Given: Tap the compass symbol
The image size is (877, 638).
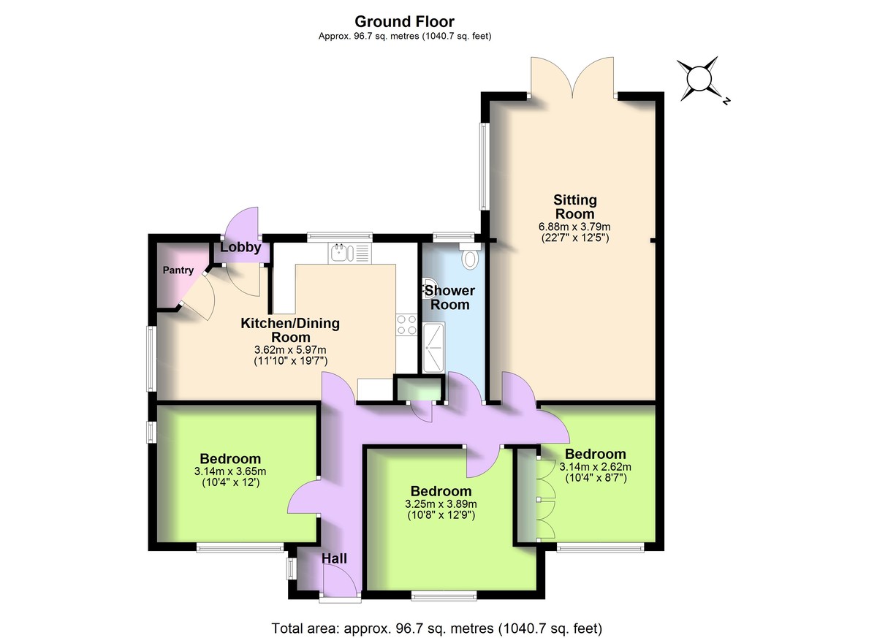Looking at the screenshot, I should tap(699, 78).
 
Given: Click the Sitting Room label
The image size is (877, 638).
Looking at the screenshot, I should tap(575, 206).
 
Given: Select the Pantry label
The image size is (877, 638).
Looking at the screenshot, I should tap(178, 270).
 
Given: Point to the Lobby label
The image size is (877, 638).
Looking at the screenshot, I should tap(240, 248).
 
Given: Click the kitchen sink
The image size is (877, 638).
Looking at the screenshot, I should tap(341, 254).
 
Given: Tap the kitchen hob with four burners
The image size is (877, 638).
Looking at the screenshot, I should tap(405, 324).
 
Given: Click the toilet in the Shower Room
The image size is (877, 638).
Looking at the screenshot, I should tap(469, 258).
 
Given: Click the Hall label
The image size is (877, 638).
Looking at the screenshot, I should tap(335, 558).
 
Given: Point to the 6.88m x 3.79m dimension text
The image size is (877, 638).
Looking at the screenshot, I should tap(575, 227).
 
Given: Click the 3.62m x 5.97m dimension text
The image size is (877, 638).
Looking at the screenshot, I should tap(290, 350).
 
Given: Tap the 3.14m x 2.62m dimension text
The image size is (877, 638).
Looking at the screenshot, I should tap(595, 467).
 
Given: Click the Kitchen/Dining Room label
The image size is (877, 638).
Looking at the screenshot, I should tap(290, 330).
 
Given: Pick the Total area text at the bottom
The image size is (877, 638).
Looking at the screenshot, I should tap(436, 627).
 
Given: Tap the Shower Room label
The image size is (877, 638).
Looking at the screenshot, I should tap(451, 297).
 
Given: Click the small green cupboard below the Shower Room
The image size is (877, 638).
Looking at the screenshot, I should tap(419, 389).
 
